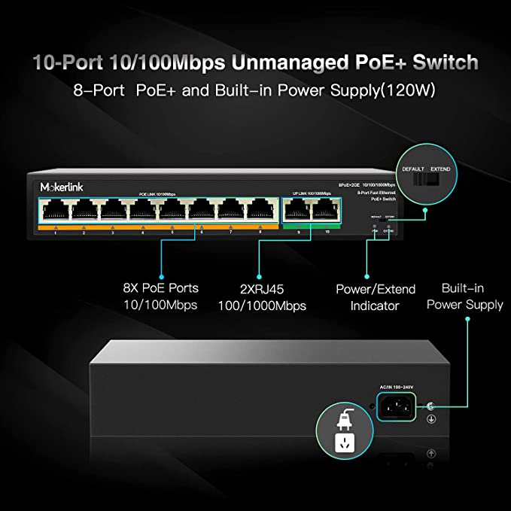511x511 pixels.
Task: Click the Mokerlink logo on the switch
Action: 51,185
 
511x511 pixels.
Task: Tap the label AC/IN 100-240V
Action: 399,387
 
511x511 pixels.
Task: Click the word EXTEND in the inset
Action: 440,169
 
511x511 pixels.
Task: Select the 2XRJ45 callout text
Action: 261,287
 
